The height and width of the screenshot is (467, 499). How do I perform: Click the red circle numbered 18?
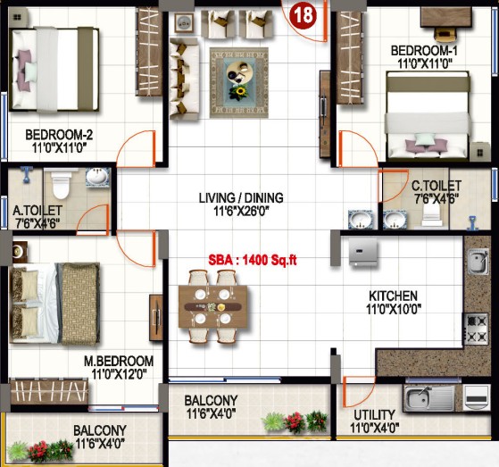(x=303, y=15)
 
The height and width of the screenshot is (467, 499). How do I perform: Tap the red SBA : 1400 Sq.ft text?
(x=253, y=260)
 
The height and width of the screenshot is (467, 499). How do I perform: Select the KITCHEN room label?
(x=393, y=296)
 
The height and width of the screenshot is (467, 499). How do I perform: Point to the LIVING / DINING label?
(x=241, y=197)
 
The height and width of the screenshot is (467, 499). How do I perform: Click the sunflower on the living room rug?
(x=239, y=92)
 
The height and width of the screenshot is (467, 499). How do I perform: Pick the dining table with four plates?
(x=213, y=306)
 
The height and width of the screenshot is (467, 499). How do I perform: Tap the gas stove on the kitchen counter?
(x=476, y=329)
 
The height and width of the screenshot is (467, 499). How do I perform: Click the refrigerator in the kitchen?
(x=363, y=252)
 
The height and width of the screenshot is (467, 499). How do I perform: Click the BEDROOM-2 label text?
(x=59, y=135)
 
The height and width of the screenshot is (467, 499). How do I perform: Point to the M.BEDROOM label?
(x=119, y=361)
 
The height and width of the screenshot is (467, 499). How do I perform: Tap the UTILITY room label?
(x=374, y=415)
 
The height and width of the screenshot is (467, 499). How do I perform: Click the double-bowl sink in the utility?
(x=428, y=398)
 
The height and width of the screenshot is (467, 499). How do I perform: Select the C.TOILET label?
(x=437, y=185)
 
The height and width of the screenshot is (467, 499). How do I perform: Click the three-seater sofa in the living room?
(x=185, y=79)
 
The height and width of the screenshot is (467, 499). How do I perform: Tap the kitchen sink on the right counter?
(x=478, y=262)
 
